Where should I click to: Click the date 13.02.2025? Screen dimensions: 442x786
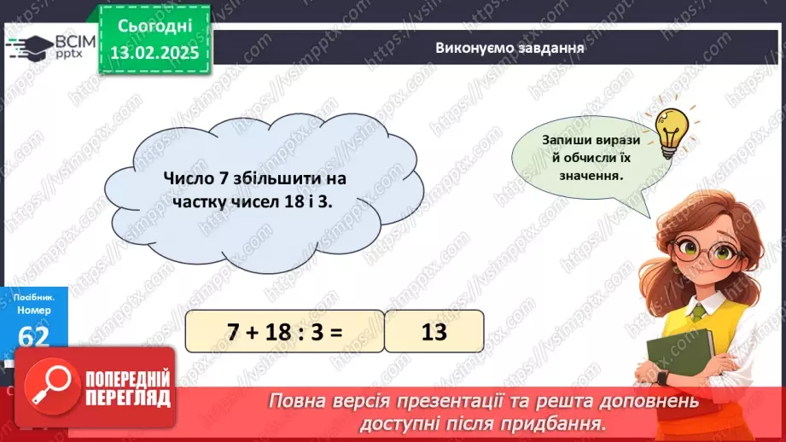click(x=153, y=52)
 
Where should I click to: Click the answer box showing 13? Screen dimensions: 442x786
click(x=434, y=331)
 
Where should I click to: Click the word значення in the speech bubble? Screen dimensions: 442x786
click(x=586, y=176)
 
